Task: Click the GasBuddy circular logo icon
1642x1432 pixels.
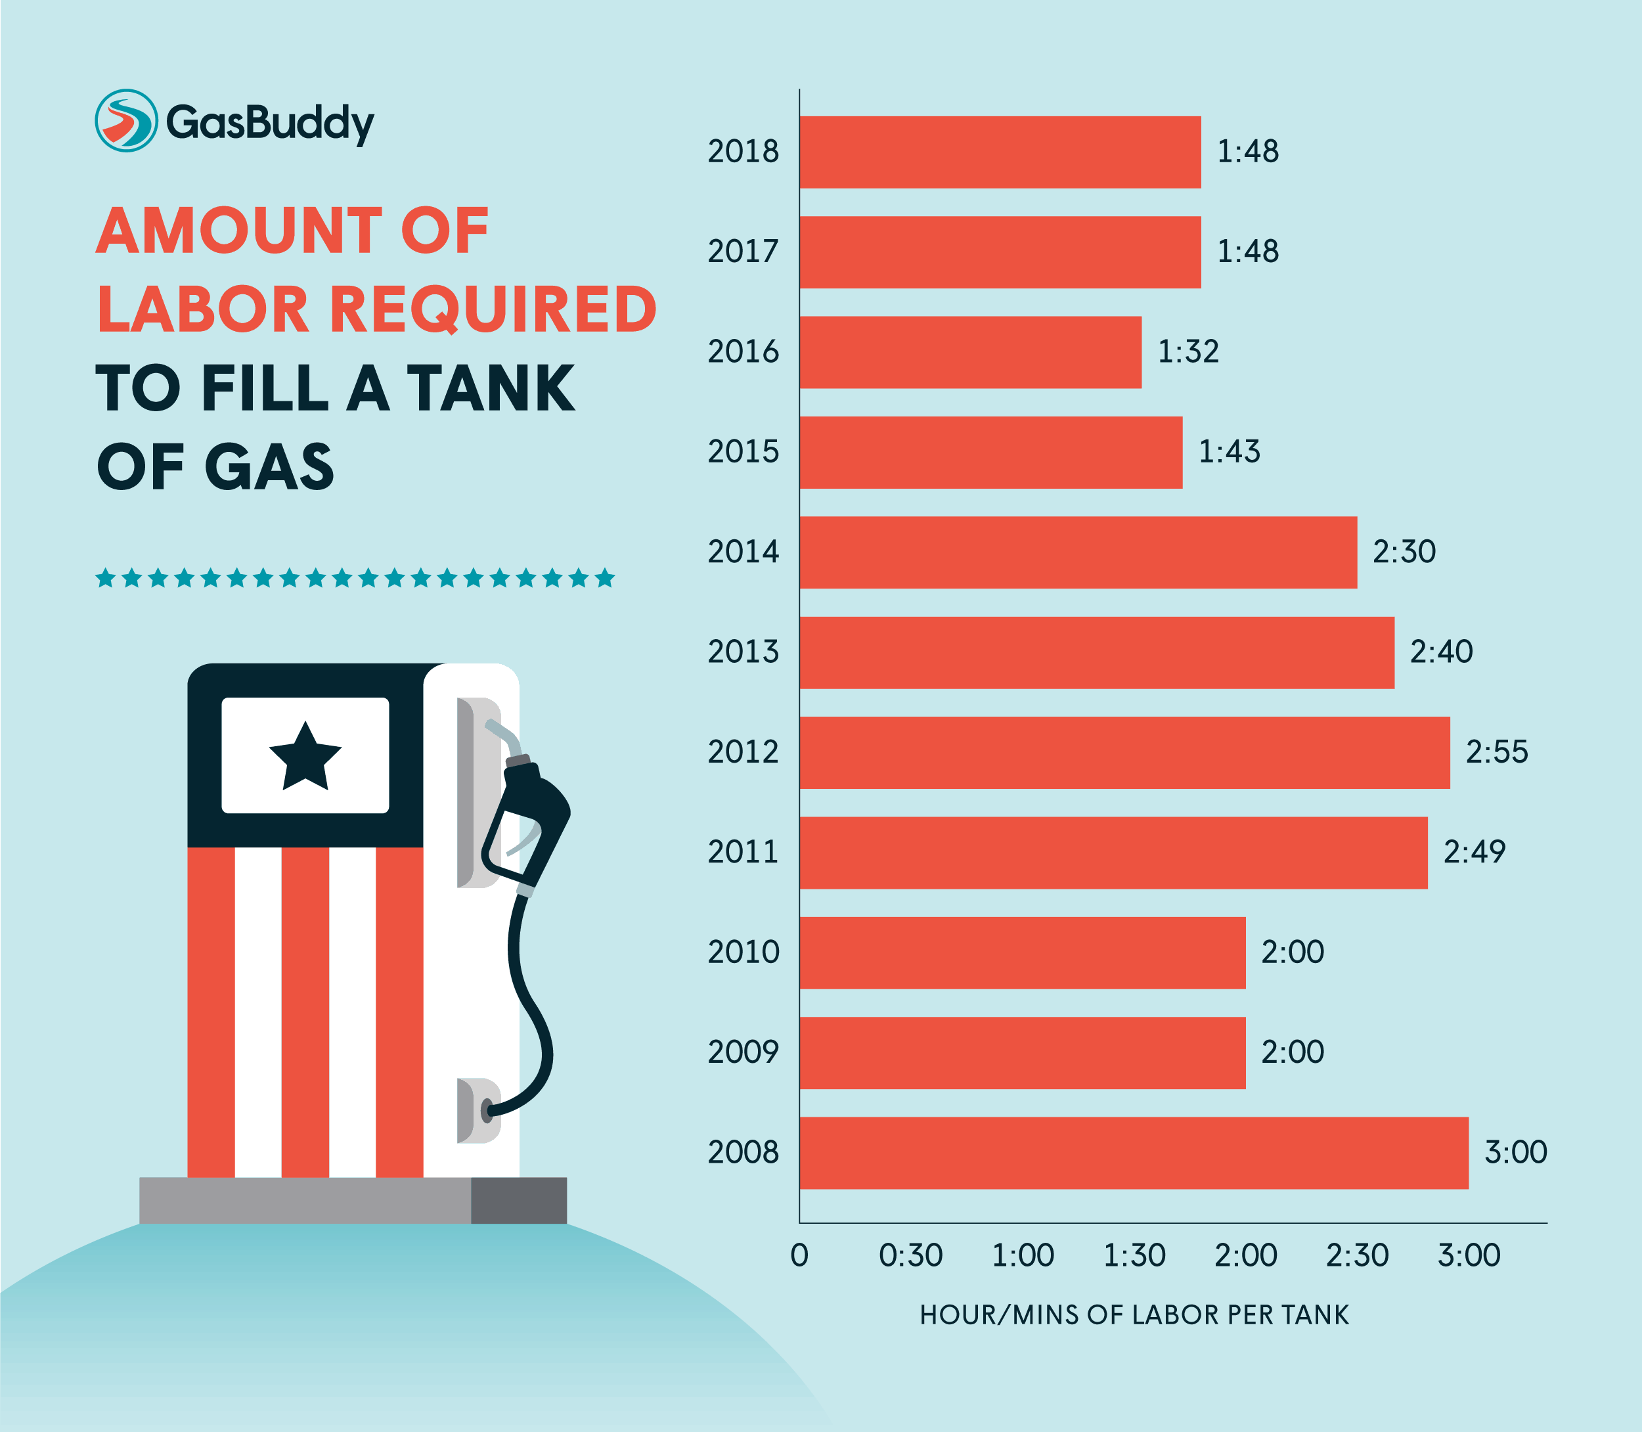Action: (x=125, y=121)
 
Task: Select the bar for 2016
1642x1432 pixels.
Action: (x=970, y=352)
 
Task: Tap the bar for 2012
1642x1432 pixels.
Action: (x=1124, y=753)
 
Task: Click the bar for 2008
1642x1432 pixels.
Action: (x=1134, y=1152)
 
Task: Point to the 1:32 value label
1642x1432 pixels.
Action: (x=1188, y=351)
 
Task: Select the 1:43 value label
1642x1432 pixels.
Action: (x=1229, y=451)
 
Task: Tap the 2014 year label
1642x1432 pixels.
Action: (x=742, y=552)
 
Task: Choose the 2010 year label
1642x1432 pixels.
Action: (x=742, y=952)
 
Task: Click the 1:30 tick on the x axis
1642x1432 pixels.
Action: (x=1134, y=1256)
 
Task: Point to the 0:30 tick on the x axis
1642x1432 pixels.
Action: (x=910, y=1256)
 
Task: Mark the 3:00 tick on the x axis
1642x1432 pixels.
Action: (x=1469, y=1256)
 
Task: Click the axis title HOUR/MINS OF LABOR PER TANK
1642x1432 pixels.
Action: (x=1134, y=1315)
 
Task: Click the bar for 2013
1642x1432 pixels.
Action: (x=1096, y=652)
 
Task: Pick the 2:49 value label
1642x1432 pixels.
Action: (x=1475, y=852)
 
